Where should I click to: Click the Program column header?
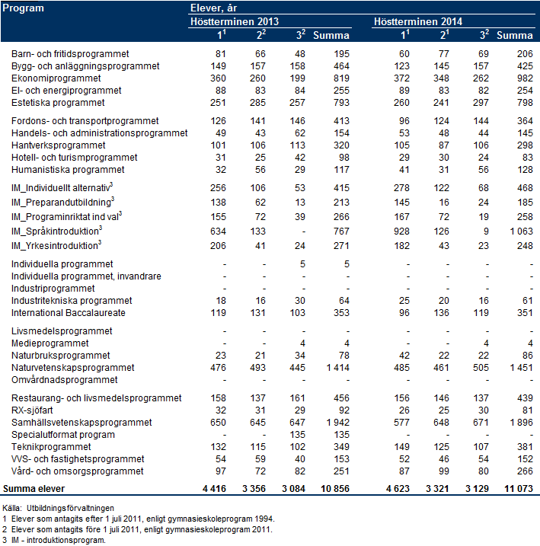tap(23, 8)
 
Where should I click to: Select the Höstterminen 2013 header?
tap(235, 21)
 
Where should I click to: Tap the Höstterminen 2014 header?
tap(418, 21)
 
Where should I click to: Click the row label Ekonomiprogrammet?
tap(56, 78)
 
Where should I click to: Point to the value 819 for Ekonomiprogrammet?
tap(341, 78)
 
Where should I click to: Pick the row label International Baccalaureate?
tap(69, 313)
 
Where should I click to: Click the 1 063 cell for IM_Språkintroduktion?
tap(521, 231)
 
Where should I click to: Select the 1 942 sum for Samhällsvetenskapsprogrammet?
tap(337, 423)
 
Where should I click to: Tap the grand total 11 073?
tap(519, 489)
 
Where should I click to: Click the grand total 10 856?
tap(335, 489)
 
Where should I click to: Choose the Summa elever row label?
tap(34, 489)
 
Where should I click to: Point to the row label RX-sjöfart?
tap(32, 410)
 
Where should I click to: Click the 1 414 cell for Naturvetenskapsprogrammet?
tap(337, 368)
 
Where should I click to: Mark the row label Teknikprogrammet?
tap(51, 447)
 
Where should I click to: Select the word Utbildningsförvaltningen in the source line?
tap(70, 509)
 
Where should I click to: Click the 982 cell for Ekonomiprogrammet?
tap(525, 78)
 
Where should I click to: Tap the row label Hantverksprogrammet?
tap(58, 145)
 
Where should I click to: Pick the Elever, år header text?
tap(213, 8)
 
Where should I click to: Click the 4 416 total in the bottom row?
tap(214, 489)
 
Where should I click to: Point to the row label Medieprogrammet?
tap(50, 343)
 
